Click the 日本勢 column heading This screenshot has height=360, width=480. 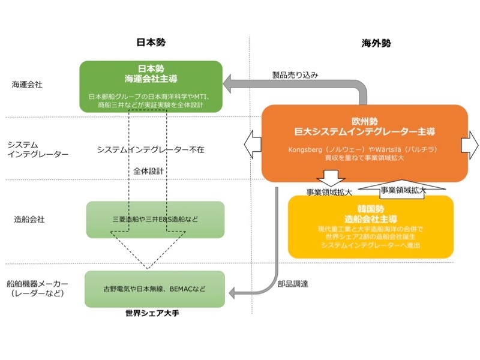click(x=151, y=43)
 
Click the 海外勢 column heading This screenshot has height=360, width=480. click(x=376, y=43)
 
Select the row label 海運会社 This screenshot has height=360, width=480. click(x=27, y=85)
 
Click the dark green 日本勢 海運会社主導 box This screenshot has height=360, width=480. click(x=151, y=85)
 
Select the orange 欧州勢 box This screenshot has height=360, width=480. click(x=364, y=142)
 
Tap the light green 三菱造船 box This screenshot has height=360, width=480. click(x=155, y=220)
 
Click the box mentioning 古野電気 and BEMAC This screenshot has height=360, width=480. click(x=155, y=289)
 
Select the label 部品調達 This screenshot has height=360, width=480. click(x=293, y=283)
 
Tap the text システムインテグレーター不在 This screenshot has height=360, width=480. click(x=151, y=149)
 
